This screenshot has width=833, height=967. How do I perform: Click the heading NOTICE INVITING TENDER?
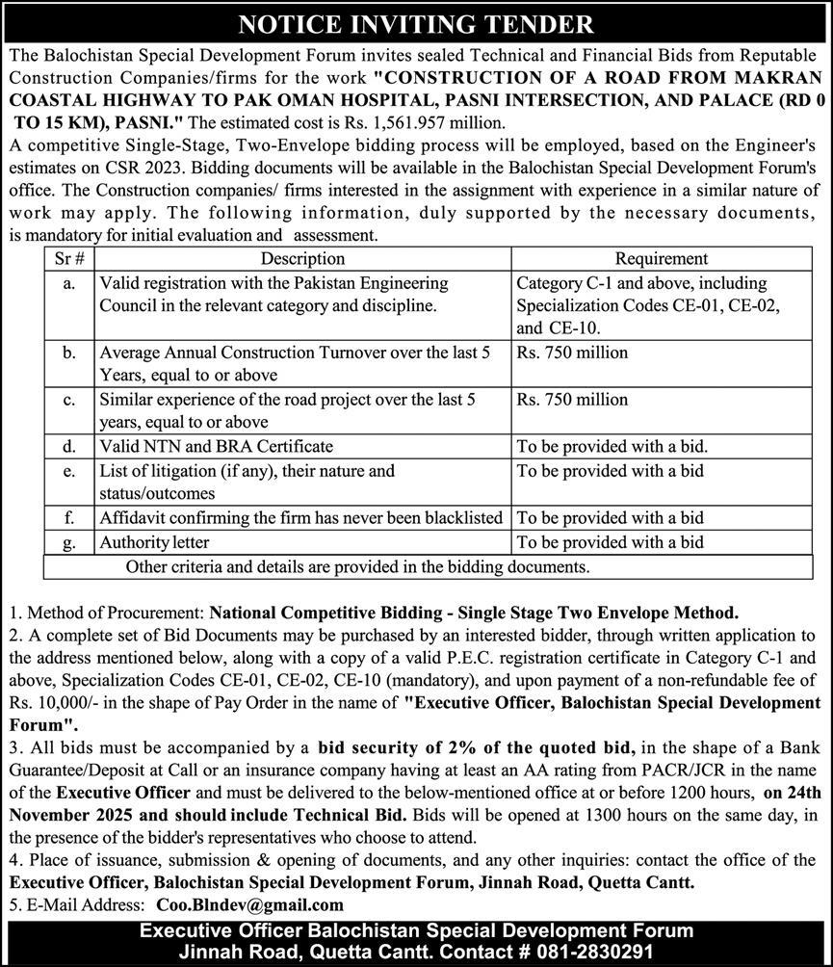[416, 23]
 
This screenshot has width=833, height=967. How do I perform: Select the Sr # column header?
[67, 259]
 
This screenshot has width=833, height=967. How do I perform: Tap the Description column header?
[302, 259]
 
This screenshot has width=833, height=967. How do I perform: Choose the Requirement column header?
[661, 259]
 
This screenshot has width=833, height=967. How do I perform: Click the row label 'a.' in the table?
[67, 284]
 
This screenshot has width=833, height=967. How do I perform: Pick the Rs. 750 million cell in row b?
[572, 353]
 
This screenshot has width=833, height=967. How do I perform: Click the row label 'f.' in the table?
[67, 518]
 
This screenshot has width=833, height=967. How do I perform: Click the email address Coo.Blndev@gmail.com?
[249, 904]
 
